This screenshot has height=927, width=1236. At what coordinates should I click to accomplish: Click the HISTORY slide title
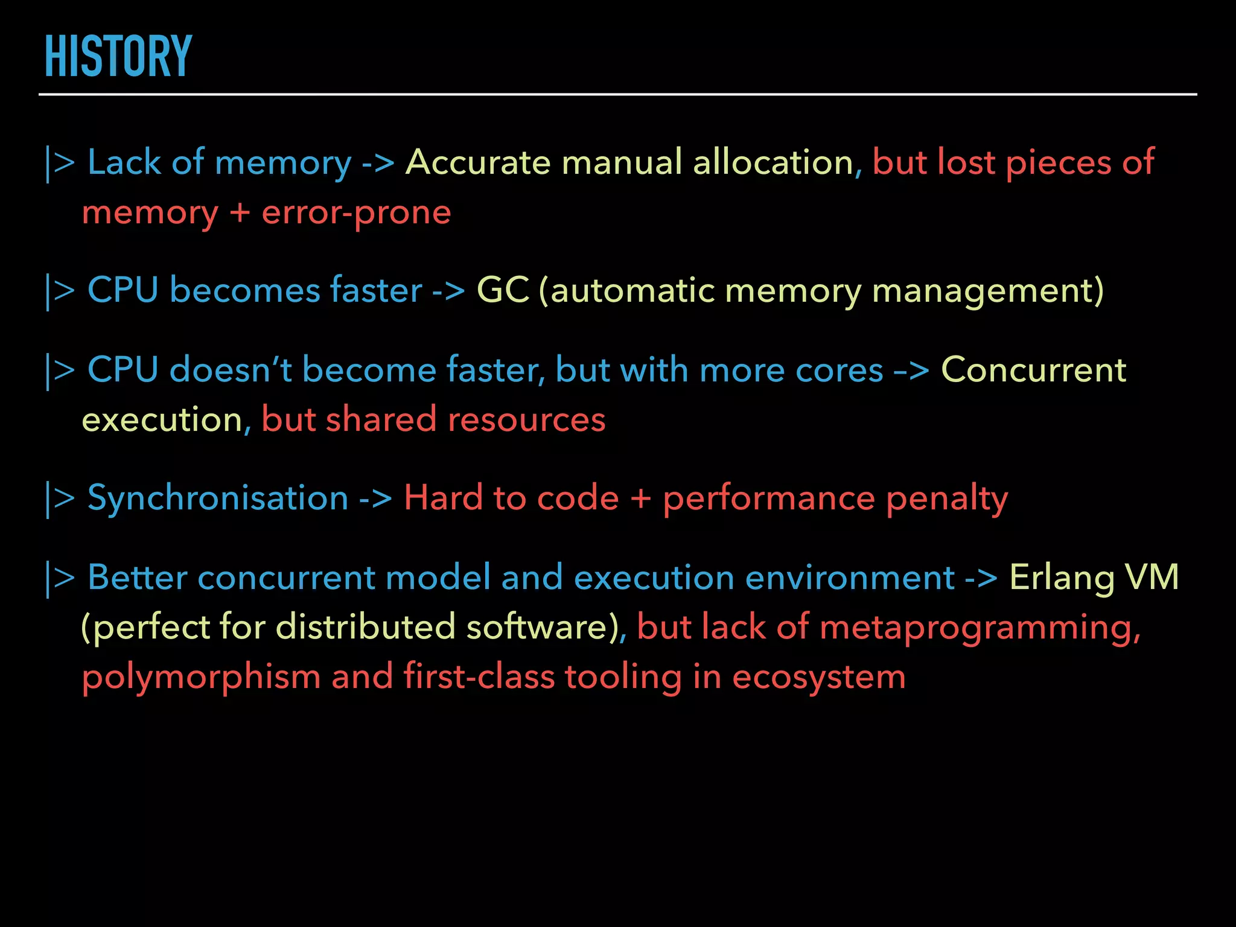pyautogui.click(x=118, y=57)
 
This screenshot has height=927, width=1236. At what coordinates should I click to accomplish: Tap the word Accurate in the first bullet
pyautogui.click(x=477, y=162)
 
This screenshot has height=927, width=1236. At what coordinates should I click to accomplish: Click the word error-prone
pyautogui.click(x=356, y=212)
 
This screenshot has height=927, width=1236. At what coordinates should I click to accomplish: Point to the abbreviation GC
pyautogui.click(x=503, y=290)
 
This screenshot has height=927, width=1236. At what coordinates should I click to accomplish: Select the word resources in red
pyautogui.click(x=526, y=419)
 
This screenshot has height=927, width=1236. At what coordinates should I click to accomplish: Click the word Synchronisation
pyautogui.click(x=218, y=498)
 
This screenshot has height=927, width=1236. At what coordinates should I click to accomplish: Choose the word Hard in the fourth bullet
pyautogui.click(x=443, y=498)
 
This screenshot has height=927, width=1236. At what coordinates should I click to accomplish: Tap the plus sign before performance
pyautogui.click(x=641, y=499)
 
